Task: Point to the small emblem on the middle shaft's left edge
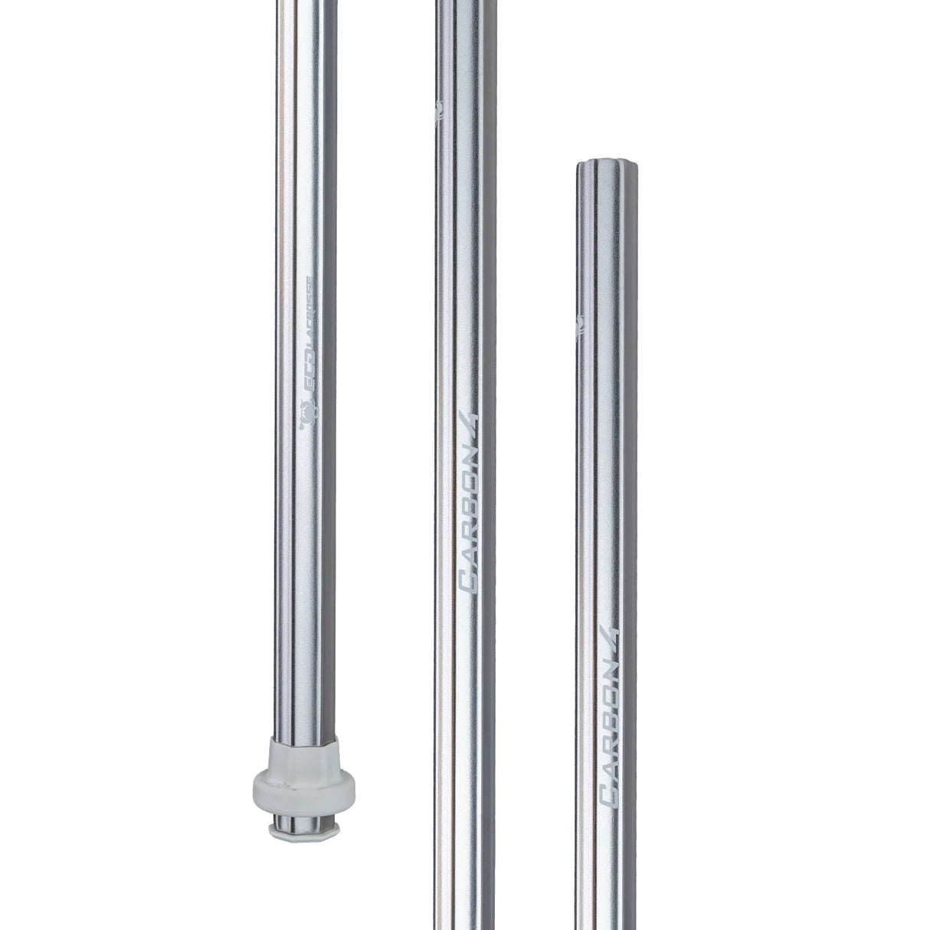(438, 114)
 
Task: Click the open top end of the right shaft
(606, 166)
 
